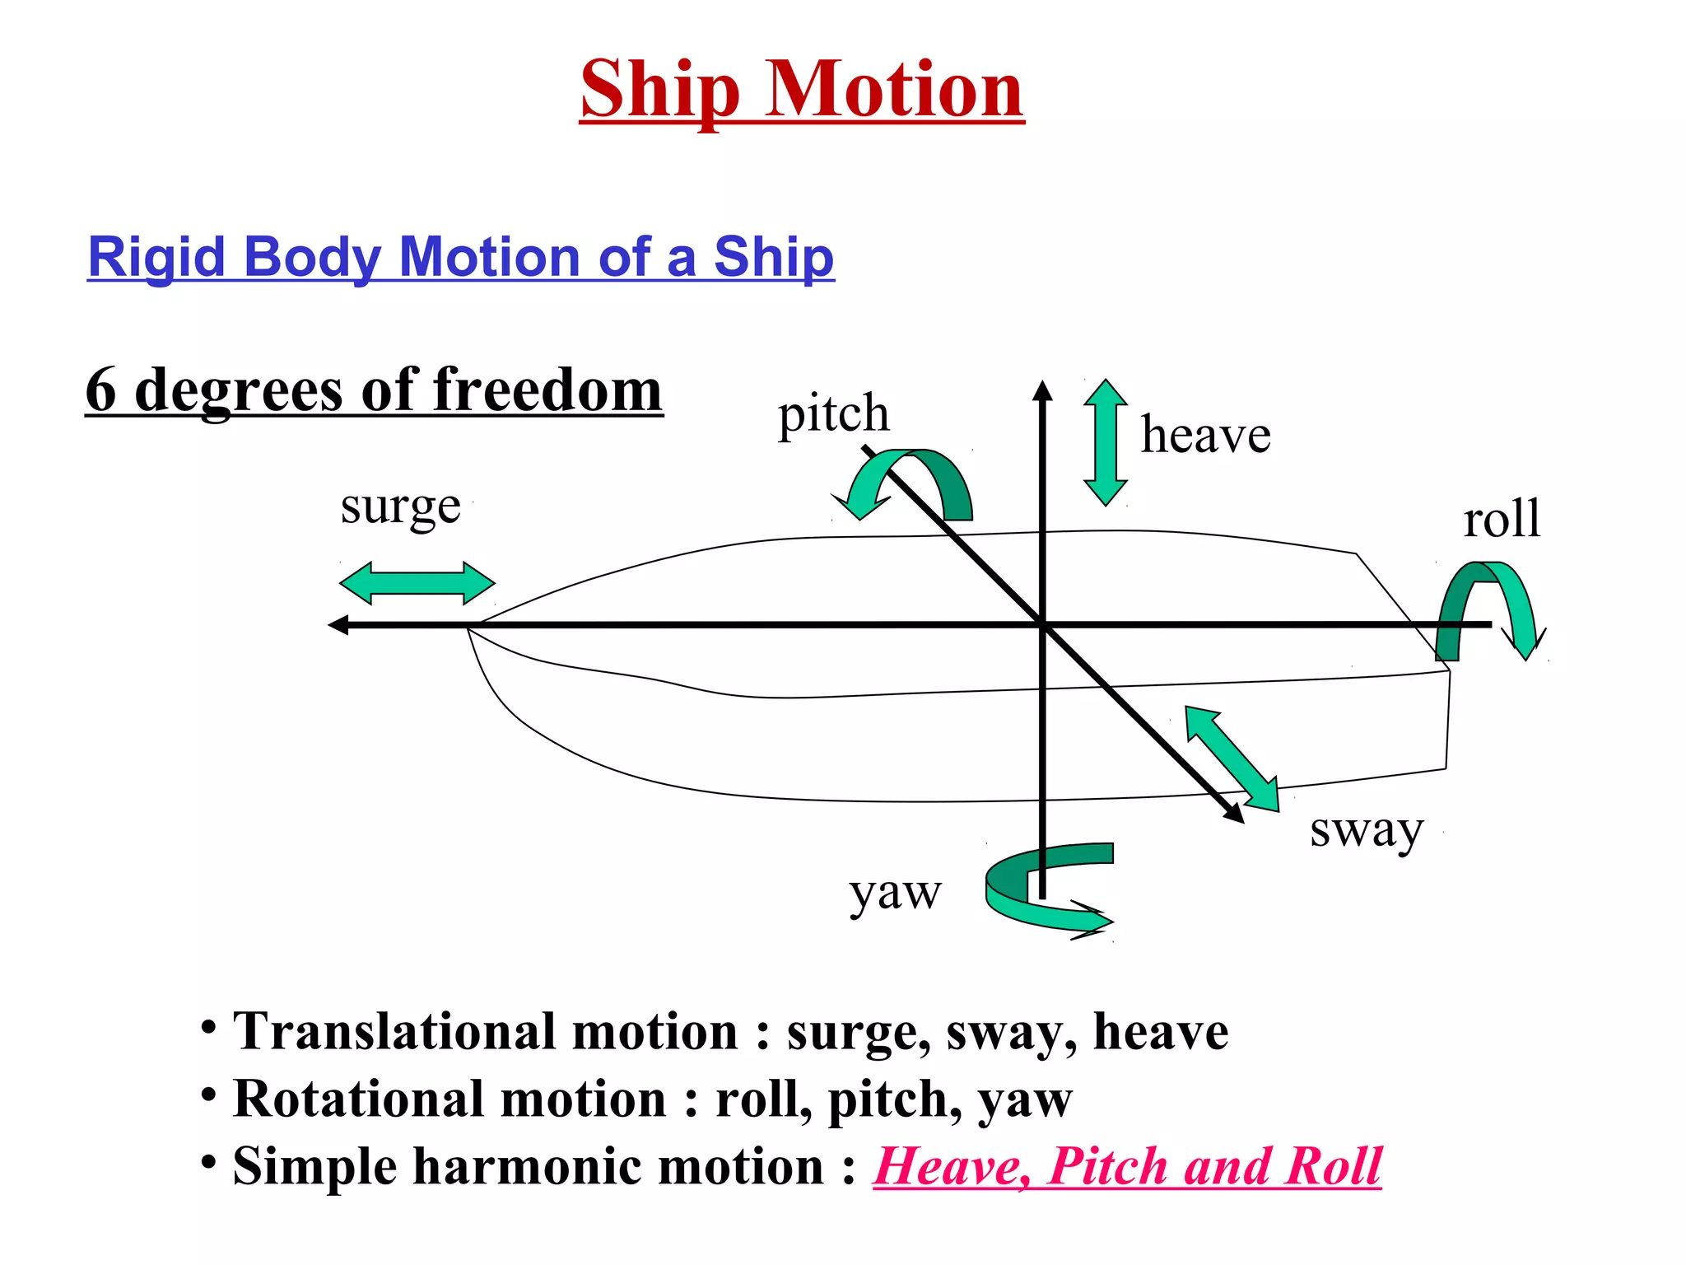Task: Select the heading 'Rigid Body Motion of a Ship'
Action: point(461,256)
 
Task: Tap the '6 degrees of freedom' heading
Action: point(374,390)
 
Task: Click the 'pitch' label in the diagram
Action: point(833,413)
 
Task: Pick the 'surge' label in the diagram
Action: point(400,506)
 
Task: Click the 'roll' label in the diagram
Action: point(1502,520)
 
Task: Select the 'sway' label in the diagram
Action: point(1366,830)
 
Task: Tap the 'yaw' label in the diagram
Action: point(895,893)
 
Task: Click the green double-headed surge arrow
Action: point(417,583)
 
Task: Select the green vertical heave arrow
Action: point(1105,442)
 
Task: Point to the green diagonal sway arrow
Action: point(1232,759)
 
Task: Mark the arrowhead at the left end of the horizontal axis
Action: point(338,625)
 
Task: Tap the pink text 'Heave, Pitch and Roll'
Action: point(1127,1166)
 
